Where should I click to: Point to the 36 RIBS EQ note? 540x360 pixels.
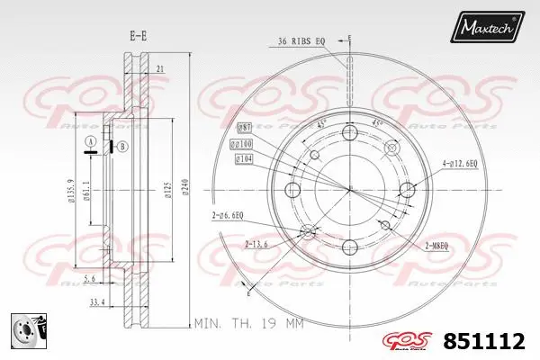[x=301, y=40]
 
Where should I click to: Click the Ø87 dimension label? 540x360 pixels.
[x=243, y=127]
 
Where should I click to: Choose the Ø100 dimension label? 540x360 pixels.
[x=241, y=143]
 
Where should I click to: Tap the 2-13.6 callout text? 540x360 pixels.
[x=257, y=244]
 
